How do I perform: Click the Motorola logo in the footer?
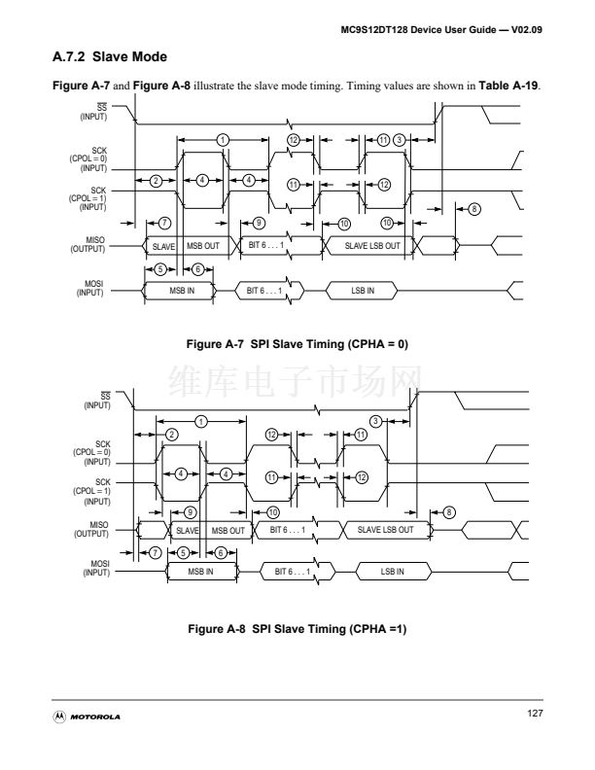pyautogui.click(x=87, y=717)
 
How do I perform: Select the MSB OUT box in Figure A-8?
pyautogui.click(x=227, y=530)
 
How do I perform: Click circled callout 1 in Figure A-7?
pyautogui.click(x=223, y=140)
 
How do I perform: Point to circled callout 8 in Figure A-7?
pyautogui.click(x=473, y=209)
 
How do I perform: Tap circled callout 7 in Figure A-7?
pyautogui.click(x=165, y=224)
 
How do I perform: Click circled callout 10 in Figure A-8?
pyautogui.click(x=272, y=511)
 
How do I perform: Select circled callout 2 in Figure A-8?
pyautogui.click(x=171, y=434)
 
